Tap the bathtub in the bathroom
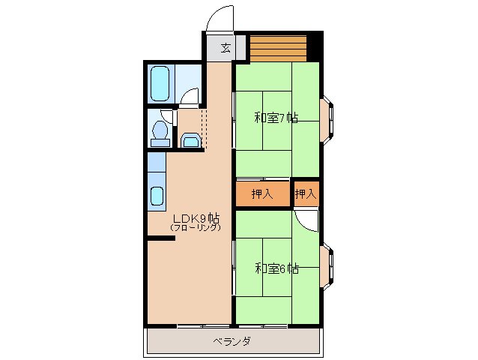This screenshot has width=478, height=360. [160, 84]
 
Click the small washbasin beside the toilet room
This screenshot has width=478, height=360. [190, 141]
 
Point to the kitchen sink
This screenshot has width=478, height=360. [156, 196]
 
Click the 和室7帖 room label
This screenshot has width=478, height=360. [276, 118]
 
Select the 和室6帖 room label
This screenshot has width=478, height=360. [276, 268]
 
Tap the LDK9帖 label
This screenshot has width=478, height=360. [195, 218]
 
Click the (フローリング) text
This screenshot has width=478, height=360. [195, 227]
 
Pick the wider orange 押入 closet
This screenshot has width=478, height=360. [261, 194]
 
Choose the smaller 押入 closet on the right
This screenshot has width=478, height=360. [306, 194]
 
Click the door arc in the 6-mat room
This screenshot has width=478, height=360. [306, 219]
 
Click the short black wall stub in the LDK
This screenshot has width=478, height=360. [161, 238]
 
